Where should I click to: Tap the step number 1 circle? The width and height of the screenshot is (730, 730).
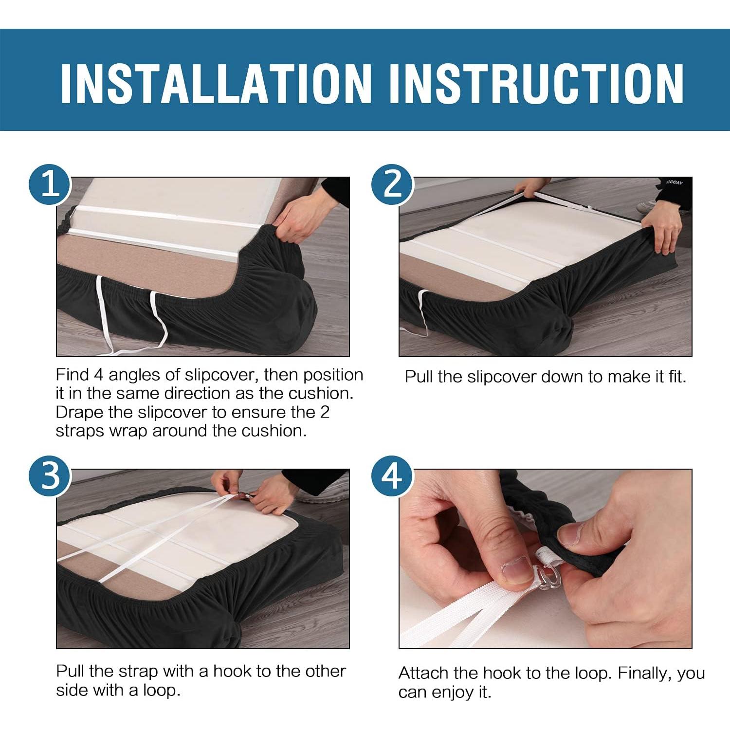point(51,185)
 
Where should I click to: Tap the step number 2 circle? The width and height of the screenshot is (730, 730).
point(392,185)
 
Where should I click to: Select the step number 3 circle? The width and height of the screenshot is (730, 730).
point(51,476)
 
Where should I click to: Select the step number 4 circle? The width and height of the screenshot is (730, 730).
point(392,476)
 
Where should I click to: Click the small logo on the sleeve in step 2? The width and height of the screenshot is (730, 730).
point(675,182)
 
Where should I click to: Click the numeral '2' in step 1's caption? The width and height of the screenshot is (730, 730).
point(325,412)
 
